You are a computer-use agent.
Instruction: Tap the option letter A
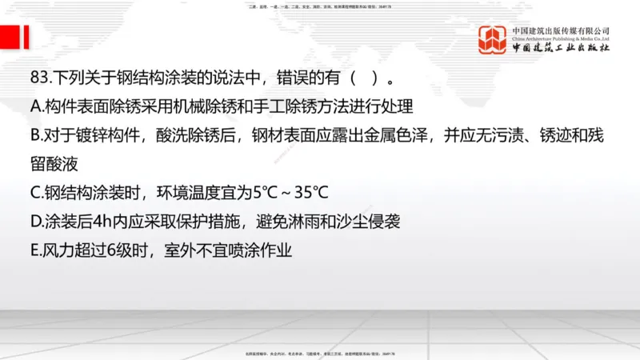click(x=34, y=106)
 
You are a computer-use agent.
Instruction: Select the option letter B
click(x=34, y=135)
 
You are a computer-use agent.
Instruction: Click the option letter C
click(x=34, y=193)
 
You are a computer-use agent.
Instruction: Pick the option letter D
click(x=35, y=222)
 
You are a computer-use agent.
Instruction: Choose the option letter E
click(x=34, y=250)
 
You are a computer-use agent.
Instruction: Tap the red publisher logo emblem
click(x=493, y=40)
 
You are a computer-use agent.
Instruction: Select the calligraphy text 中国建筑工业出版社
click(x=561, y=48)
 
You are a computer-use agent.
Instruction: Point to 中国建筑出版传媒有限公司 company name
click(x=561, y=30)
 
